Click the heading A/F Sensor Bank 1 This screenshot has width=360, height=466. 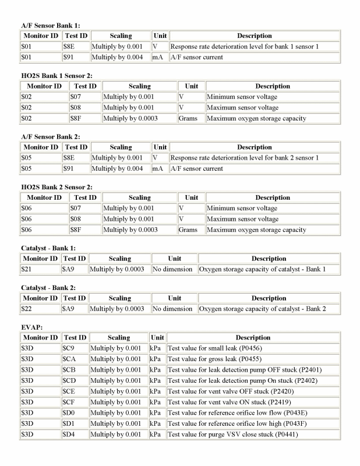[51, 26]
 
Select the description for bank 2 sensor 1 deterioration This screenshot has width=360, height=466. [244, 158]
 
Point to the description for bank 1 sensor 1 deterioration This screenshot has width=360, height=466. [244, 47]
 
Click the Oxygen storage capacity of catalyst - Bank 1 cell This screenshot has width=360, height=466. [263, 269]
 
